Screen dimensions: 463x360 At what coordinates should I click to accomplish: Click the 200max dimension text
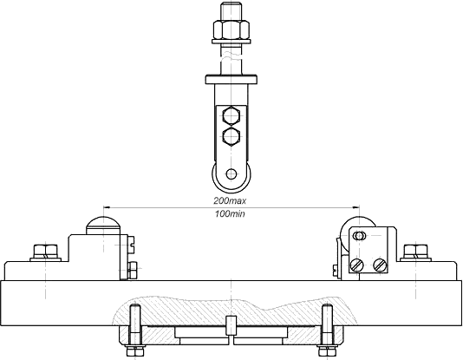pos(230,201)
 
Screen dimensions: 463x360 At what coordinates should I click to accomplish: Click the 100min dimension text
pos(230,213)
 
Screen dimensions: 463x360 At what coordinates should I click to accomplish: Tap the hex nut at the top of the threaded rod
pos(231,29)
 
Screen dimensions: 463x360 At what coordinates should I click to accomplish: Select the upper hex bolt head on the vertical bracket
pos(231,115)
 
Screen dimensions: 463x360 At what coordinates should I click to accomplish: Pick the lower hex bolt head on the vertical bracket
pos(231,136)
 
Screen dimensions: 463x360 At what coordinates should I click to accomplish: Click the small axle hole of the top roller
pos(231,174)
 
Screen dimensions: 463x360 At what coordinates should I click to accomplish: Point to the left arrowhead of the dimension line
pos(107,207)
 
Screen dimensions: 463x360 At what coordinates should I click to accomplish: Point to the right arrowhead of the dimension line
pos(355,207)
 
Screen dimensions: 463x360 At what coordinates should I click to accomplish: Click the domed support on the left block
pos(104,226)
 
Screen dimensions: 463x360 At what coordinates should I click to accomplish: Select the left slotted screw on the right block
pos(357,265)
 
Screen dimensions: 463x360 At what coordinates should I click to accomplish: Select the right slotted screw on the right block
pos(380,265)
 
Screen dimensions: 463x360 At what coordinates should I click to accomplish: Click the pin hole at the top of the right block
pos(359,236)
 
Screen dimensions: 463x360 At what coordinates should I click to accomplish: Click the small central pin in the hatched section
pos(231,326)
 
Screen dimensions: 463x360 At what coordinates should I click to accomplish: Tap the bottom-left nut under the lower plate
pos(135,351)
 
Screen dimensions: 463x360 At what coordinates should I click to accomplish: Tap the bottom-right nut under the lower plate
pos(327,351)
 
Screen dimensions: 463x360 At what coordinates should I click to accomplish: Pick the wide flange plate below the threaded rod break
pos(231,80)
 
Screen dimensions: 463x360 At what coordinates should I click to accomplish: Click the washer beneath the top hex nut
pos(231,41)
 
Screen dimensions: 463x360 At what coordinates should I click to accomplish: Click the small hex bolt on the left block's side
pos(132,271)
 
